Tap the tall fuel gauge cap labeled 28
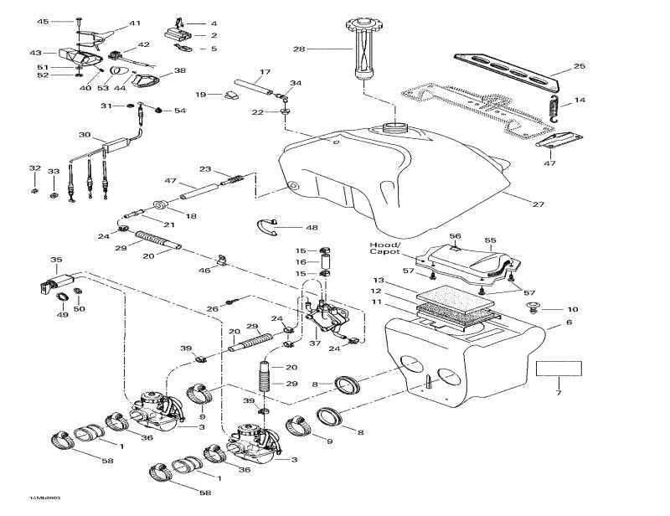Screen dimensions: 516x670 364,49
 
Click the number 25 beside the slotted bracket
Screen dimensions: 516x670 579,66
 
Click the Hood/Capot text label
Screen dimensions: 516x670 386,250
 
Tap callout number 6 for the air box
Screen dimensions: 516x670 569,322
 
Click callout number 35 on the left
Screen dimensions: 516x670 56,260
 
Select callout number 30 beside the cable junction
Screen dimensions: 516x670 85,135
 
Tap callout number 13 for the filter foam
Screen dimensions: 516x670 378,280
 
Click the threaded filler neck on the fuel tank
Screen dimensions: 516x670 394,128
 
